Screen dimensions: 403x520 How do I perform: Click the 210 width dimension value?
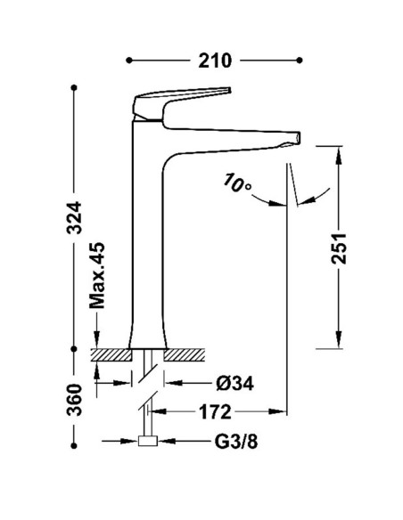tap(215, 61)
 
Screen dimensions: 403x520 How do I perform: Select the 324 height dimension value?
tap(74, 217)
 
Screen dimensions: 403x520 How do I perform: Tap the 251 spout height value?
tap(339, 248)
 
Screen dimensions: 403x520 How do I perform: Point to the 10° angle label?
tap(238, 183)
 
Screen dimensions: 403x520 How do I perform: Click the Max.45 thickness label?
tap(97, 275)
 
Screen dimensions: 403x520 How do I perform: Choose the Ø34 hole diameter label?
tap(234, 384)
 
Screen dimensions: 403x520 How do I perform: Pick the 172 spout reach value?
tap(215, 412)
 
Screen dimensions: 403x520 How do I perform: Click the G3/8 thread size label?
tap(236, 442)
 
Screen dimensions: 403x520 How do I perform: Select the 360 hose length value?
tap(74, 400)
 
